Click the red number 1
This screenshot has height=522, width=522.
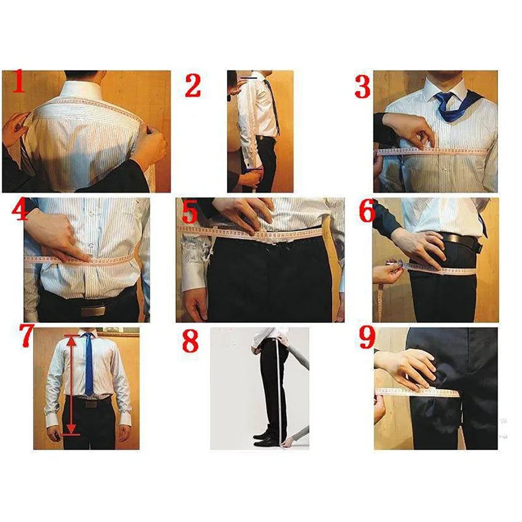point(18,82)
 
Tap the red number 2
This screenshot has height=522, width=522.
point(193,85)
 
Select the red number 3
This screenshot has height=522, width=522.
point(362,87)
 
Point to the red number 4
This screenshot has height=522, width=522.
point(20,212)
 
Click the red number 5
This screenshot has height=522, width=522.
point(189,212)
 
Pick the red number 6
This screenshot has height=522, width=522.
point(367,212)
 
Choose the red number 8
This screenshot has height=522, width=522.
point(190,341)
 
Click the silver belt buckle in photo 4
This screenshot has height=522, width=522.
point(90,310)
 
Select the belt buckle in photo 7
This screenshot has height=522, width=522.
point(90,404)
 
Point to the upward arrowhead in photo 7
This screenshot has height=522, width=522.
point(72,337)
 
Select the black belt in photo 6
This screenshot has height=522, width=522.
point(461,240)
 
